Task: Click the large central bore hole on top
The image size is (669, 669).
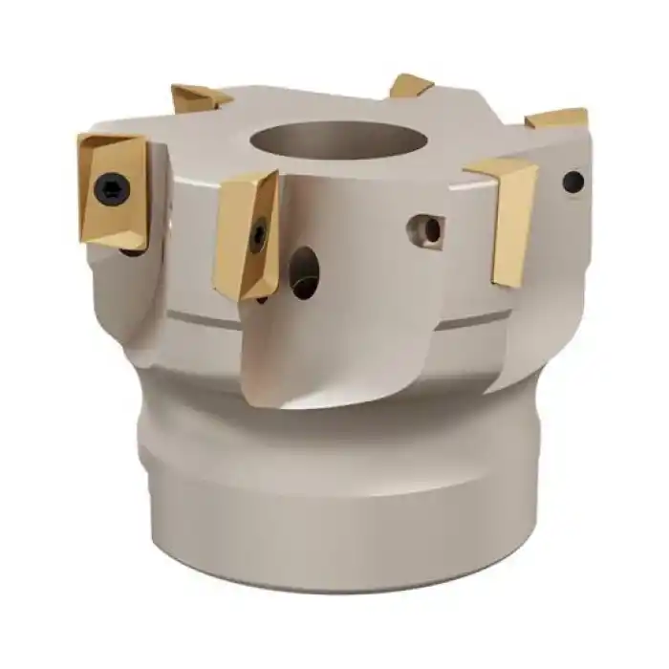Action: pyautogui.click(x=325, y=140)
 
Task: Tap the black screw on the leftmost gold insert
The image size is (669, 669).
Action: pyautogui.click(x=112, y=189)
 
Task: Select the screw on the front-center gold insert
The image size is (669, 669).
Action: pyautogui.click(x=258, y=235)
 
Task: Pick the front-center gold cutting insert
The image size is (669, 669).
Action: pyautogui.click(x=246, y=234)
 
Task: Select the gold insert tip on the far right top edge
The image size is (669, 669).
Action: pyautogui.click(x=559, y=119)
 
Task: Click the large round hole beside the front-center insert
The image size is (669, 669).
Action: pyautogui.click(x=304, y=271)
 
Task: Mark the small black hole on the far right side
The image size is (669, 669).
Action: pyautogui.click(x=572, y=181)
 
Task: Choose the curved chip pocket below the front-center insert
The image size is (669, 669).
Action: pyautogui.click(x=287, y=363)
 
